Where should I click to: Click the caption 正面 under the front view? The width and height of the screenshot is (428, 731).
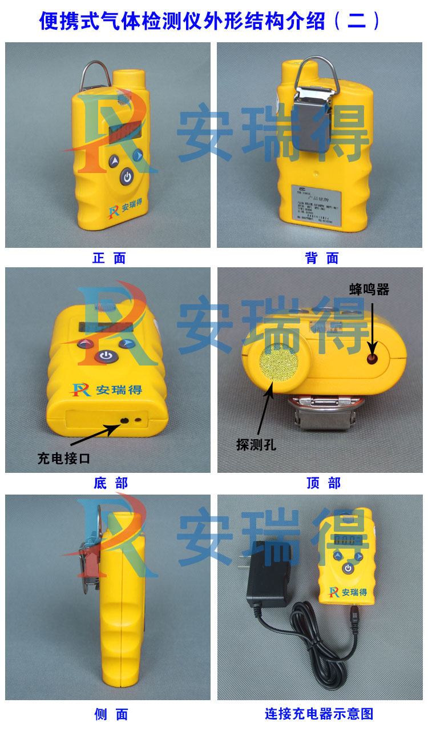109,258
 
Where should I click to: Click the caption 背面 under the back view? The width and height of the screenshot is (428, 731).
322,258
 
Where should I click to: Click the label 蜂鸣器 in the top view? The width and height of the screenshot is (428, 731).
369,290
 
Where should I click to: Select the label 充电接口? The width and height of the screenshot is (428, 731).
64,457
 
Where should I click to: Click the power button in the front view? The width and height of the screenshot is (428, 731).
127,178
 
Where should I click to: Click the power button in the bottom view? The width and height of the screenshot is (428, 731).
104,357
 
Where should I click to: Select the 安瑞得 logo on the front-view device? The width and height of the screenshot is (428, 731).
127,206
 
